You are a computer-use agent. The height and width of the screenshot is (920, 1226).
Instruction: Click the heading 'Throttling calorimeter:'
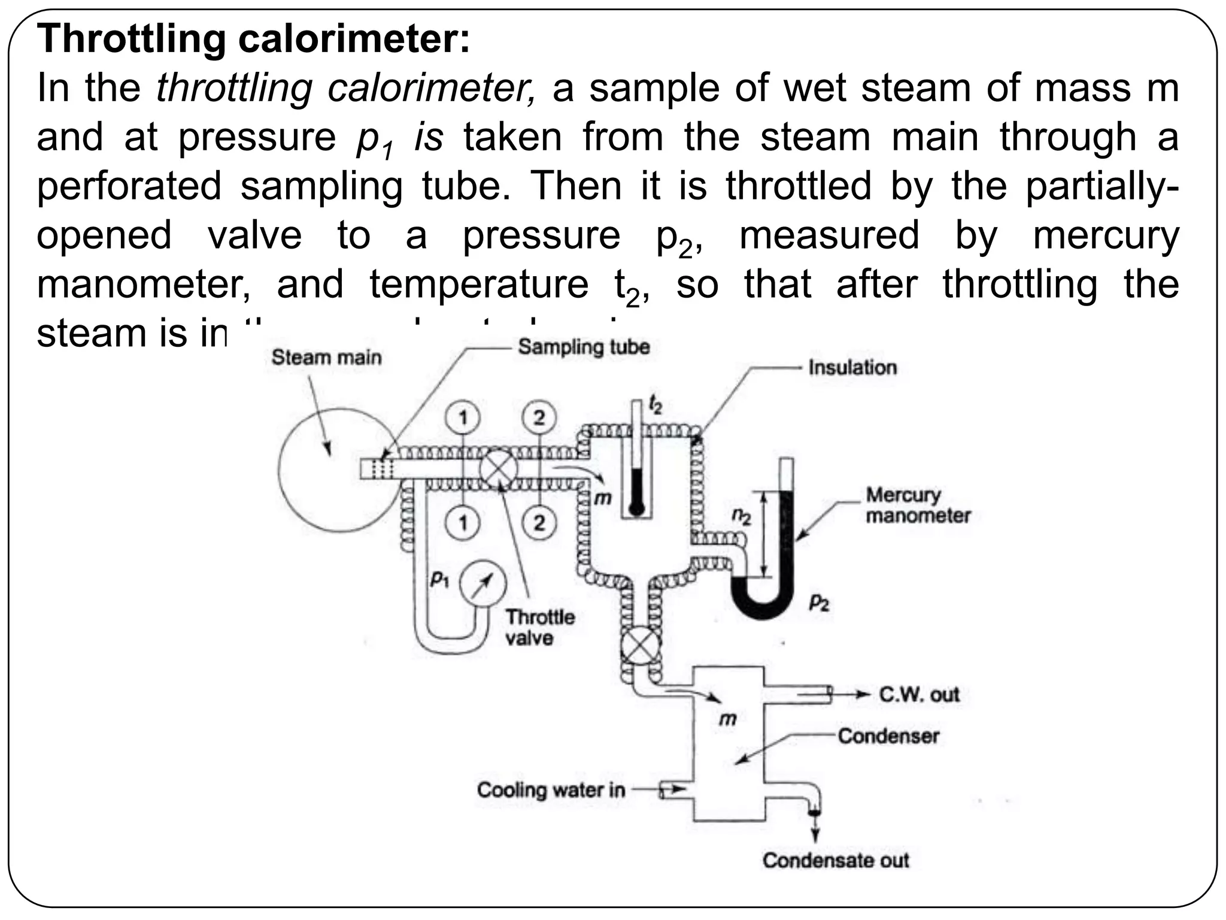[254, 39]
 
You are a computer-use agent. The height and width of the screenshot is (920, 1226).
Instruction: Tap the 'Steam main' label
[326, 358]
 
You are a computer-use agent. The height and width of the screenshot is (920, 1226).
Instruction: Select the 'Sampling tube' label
[584, 347]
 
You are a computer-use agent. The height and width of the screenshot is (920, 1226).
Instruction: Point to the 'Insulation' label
[852, 367]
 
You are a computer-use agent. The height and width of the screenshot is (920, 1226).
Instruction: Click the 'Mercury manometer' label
[917, 505]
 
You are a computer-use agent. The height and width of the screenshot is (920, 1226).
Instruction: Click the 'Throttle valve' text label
[539, 627]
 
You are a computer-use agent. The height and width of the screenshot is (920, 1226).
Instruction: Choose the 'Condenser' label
[888, 736]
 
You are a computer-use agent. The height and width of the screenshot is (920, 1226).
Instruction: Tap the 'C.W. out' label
[919, 694]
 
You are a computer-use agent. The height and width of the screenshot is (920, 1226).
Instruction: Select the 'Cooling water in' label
[551, 789]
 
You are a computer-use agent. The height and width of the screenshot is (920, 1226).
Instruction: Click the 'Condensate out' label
[835, 860]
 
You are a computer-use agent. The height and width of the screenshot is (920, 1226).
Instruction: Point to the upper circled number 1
[463, 417]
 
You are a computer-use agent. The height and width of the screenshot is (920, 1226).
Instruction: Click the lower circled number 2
[539, 523]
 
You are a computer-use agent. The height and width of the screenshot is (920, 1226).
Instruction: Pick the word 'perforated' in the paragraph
[129, 186]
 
